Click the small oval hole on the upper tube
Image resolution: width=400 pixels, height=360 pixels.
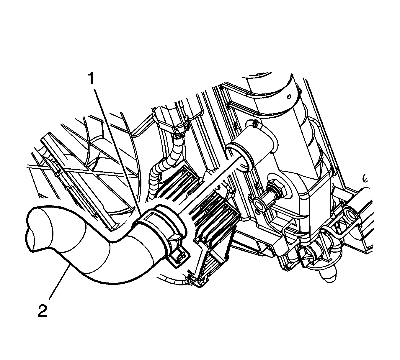tap(289, 97)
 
